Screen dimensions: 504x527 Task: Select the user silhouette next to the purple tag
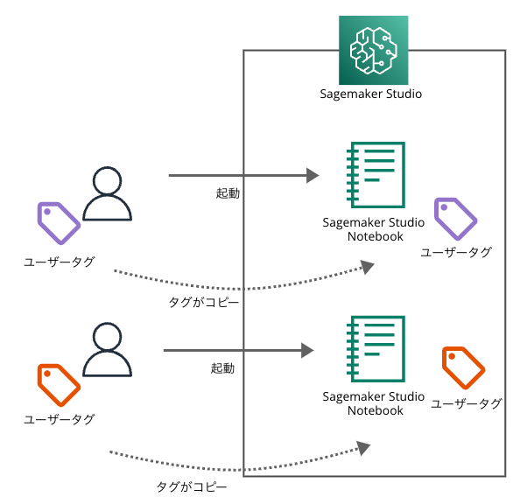(107, 194)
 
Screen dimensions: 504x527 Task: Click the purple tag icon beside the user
(58, 223)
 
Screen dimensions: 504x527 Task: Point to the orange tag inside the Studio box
(463, 367)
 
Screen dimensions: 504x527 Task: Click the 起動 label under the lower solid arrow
(222, 368)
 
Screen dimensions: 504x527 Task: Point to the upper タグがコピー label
(204, 302)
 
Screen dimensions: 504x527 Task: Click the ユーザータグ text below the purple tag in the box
(456, 252)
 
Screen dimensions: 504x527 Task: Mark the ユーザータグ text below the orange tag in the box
(467, 403)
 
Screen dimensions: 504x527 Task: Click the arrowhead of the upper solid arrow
(312, 176)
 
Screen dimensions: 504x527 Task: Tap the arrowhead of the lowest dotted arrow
(363, 448)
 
